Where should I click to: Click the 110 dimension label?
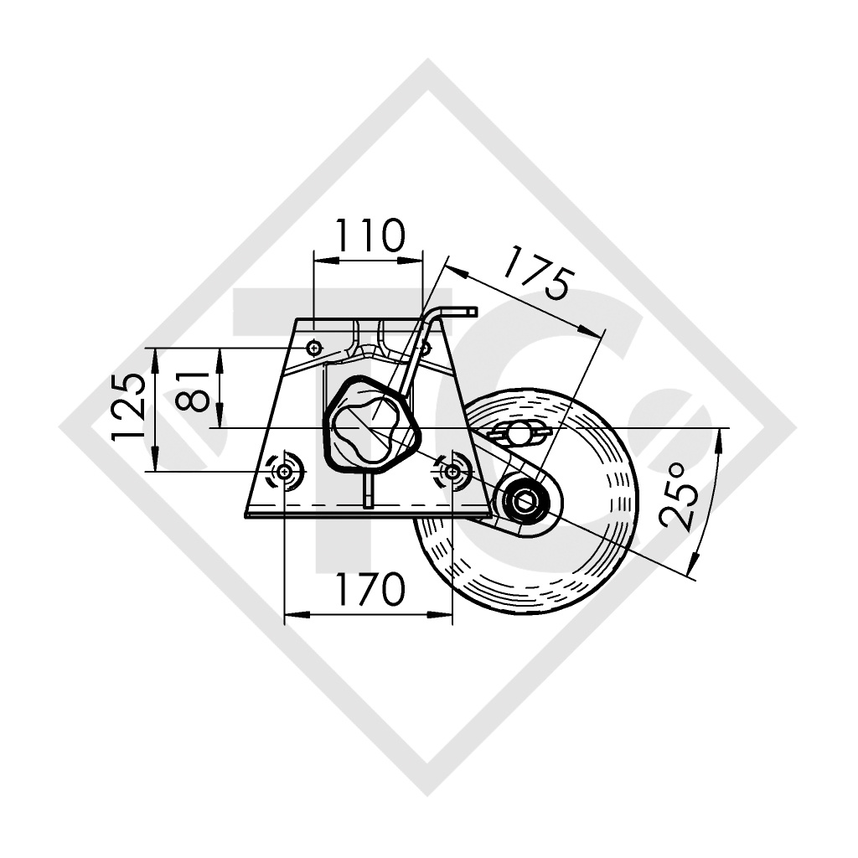(x=369, y=236)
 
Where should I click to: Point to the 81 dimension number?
(x=194, y=390)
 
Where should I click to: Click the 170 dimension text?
(x=369, y=590)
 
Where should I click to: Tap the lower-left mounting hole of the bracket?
(x=285, y=473)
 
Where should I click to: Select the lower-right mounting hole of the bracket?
(x=453, y=473)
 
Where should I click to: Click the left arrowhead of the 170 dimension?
(x=291, y=614)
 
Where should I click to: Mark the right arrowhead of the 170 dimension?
(x=447, y=614)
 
